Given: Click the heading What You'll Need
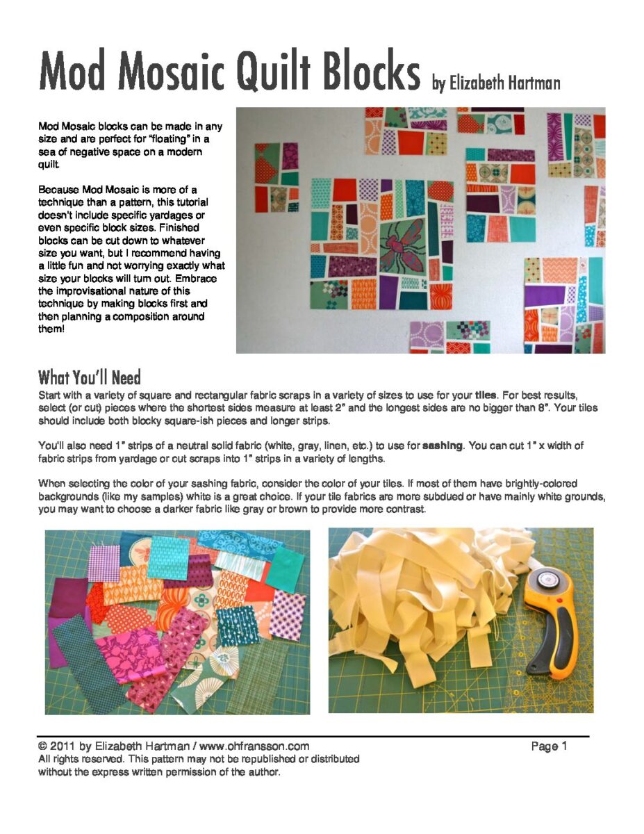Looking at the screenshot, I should [x=90, y=378].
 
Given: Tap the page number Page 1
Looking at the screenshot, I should [x=550, y=746].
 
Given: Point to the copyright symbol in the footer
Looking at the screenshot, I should [x=43, y=746].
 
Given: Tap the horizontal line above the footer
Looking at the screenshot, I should [x=313, y=736].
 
